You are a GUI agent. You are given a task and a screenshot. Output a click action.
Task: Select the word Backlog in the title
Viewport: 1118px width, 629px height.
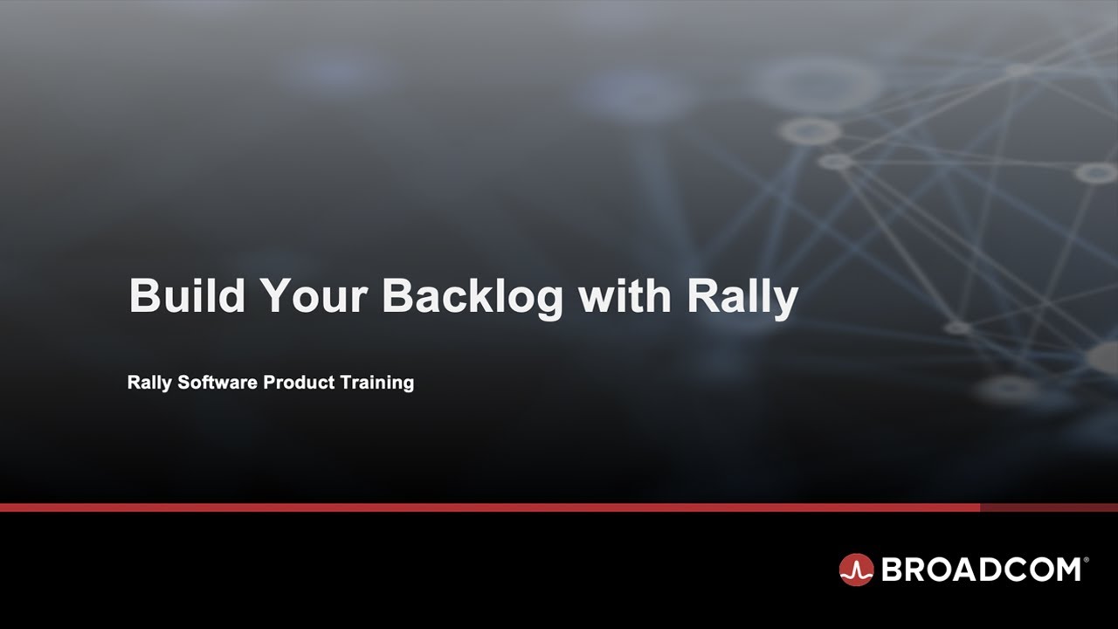point(473,297)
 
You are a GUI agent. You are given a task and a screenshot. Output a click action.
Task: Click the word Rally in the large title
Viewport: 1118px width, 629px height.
point(742,297)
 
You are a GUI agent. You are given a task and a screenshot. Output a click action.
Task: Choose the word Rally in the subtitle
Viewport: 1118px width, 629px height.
point(149,383)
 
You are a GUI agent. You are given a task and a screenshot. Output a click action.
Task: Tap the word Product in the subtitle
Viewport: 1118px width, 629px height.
point(294,383)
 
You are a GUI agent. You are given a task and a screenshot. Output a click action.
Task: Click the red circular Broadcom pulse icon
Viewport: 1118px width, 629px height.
point(856,570)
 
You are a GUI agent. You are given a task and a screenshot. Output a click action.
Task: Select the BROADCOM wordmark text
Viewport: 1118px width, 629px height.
point(982,570)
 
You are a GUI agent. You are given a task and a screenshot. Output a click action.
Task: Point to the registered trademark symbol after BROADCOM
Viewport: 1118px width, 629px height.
point(1087,559)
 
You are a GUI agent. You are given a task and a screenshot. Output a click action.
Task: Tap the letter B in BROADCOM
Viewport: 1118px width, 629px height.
point(893,570)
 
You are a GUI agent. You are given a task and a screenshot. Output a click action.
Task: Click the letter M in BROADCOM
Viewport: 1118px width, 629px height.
point(1065,570)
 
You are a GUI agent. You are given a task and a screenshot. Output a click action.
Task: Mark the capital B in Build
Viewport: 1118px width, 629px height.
point(143,297)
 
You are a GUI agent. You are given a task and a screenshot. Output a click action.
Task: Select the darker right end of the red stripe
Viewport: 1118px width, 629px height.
point(1048,507)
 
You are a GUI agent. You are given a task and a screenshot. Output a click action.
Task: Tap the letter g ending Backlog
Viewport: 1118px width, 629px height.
point(548,302)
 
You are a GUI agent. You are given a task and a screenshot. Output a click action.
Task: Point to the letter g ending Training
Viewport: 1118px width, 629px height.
point(407,385)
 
